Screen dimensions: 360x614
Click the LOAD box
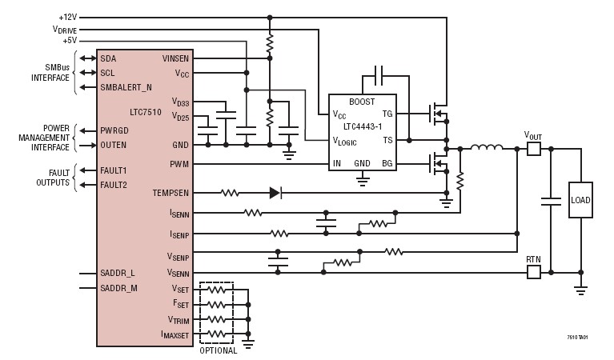click(580, 200)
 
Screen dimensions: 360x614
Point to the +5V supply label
click(70, 40)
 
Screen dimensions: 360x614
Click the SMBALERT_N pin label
click(126, 86)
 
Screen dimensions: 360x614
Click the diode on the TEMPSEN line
click(275, 193)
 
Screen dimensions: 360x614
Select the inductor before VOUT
click(485, 148)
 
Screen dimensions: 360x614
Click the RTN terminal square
click(533, 273)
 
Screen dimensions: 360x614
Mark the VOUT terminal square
click(533, 149)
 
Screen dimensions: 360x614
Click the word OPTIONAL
click(218, 350)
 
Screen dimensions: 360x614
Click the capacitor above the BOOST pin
click(379, 77)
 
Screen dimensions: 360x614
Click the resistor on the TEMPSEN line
click(230, 193)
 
